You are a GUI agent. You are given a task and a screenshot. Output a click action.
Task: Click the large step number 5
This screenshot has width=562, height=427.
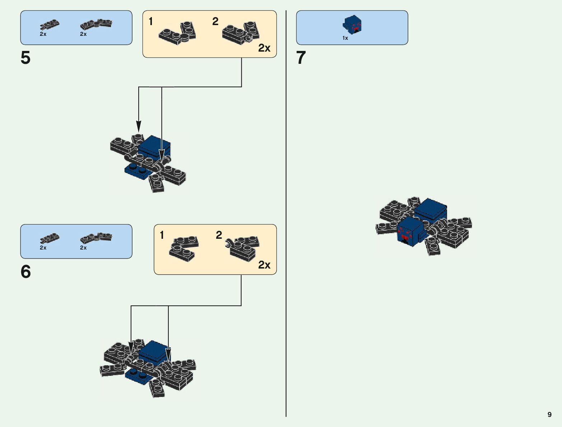coord(25,58)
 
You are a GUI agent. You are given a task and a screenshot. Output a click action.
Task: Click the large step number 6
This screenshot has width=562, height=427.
coord(25,272)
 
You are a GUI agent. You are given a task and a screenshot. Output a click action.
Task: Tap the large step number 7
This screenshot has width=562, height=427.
coord(301,58)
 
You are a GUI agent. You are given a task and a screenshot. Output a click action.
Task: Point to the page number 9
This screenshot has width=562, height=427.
coord(549,414)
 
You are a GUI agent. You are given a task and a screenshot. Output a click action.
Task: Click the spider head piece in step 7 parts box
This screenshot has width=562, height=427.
coord(352,25)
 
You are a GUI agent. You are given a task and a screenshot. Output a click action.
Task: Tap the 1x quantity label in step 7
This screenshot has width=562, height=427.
coord(345,38)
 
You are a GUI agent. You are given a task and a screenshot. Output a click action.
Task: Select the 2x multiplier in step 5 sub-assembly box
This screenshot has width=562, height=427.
coord(264,48)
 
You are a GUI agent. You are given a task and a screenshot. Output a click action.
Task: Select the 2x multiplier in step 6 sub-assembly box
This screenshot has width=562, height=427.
coord(264,265)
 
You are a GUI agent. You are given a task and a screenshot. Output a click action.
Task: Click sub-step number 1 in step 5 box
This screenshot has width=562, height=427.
coord(151,22)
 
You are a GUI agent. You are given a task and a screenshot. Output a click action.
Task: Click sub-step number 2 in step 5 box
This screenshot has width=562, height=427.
coord(215,22)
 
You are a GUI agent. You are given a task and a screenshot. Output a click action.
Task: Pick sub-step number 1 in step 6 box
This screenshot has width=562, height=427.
coord(162,235)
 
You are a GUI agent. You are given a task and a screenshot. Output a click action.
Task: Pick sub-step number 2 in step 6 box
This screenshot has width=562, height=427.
coord(219,235)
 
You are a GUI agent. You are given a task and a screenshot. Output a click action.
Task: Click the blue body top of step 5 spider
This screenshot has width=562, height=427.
coord(154,144)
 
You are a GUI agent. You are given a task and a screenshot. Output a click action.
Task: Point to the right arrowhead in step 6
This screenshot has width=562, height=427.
coord(168,354)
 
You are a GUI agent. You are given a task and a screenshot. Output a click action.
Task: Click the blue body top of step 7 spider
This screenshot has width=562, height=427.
coord(431,206)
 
